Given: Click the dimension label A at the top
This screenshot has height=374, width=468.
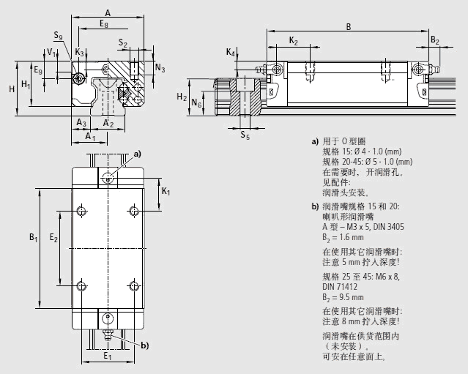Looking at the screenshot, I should coord(108,12).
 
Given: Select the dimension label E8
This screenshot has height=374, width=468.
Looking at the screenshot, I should coord(105,25).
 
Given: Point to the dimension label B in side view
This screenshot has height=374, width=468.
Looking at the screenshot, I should coord(348,27).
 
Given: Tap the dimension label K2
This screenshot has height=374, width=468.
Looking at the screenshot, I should coord(293,41).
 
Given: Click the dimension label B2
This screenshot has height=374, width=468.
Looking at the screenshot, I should coord(435,41).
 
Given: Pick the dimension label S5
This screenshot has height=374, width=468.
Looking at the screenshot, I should coord(245,135).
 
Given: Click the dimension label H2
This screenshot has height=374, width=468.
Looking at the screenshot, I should coord(182,97).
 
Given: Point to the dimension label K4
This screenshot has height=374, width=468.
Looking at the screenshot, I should coord(231,53).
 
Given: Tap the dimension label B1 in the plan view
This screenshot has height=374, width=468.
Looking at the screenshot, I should coord(32,238).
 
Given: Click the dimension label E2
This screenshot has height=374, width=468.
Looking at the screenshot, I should coord(53,238).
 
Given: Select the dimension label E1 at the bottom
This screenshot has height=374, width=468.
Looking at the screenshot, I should coord(108,356).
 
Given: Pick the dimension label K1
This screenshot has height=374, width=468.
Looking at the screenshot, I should coord(166,192).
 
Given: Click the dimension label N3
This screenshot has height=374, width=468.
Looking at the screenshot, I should coord(160,68).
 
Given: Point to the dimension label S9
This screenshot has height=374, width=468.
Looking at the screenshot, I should coord(58,35).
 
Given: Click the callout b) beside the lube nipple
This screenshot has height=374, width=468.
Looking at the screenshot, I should coord(144,345).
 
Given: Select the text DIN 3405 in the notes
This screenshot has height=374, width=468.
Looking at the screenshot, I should coord(385,226).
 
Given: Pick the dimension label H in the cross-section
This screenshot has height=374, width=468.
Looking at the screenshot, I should coord(12,89).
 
